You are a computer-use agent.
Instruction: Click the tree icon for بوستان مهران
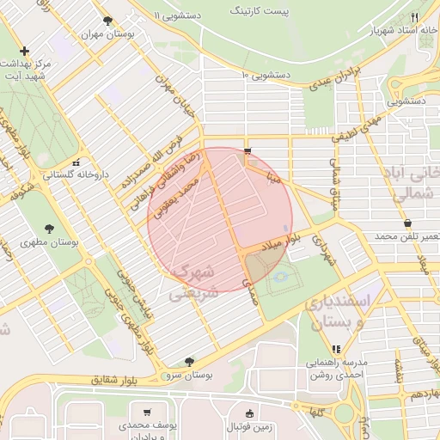[x=107, y=21]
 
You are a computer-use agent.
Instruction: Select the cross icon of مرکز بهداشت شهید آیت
[x=24, y=52]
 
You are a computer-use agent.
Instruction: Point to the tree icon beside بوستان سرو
[x=189, y=362]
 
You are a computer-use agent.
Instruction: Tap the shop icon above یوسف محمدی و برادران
[x=147, y=412]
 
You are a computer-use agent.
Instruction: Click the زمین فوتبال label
[x=250, y=426]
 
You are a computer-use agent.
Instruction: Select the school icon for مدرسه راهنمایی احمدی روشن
[x=336, y=349]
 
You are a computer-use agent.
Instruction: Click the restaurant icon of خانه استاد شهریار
[x=414, y=17]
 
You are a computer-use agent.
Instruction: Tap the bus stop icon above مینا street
[x=247, y=151]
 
